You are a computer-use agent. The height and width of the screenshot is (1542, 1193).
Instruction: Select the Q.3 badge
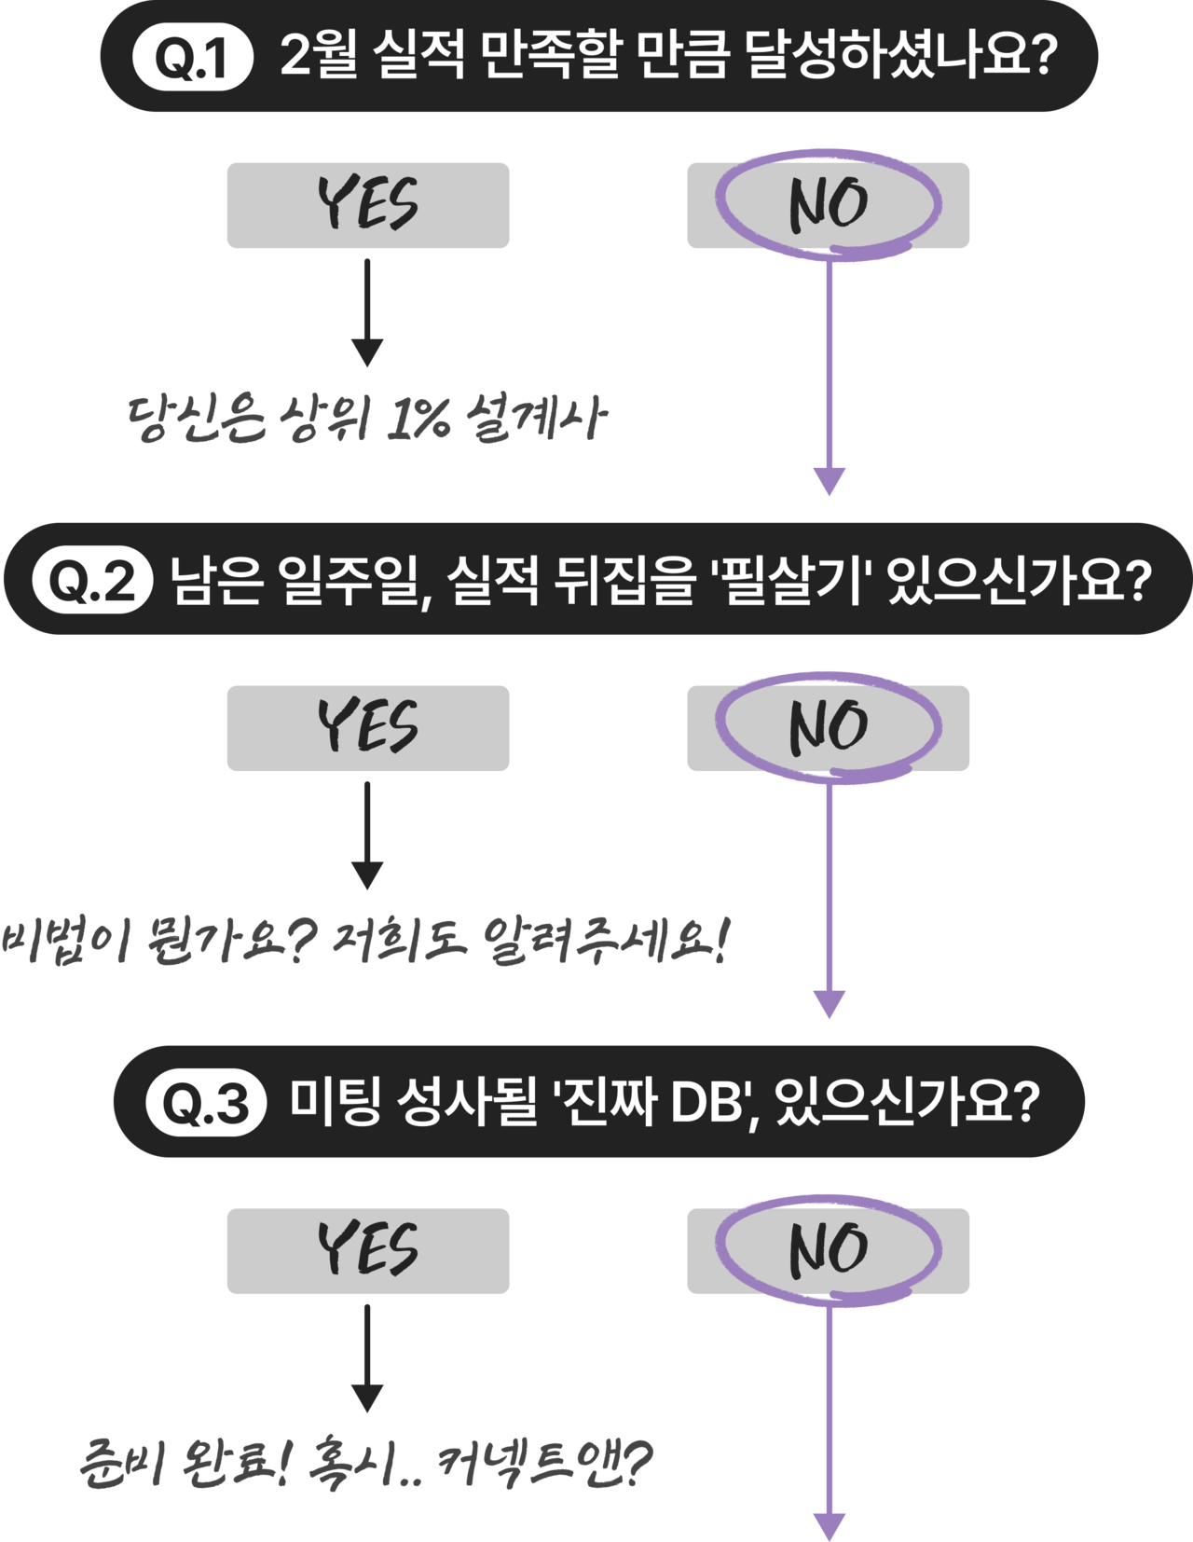click(x=206, y=1104)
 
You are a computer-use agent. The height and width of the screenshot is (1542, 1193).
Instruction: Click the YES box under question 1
click(x=367, y=205)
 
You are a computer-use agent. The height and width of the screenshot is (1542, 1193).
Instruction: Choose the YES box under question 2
click(x=367, y=728)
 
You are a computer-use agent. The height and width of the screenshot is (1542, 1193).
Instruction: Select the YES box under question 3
click(x=367, y=1251)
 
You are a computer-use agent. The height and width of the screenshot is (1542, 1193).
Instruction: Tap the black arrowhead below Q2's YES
click(x=367, y=875)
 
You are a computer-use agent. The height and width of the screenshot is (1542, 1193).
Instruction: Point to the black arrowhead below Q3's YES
click(x=367, y=1398)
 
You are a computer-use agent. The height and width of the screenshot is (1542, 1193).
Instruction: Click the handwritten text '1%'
click(x=417, y=420)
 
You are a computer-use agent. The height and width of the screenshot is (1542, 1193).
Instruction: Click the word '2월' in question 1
click(x=319, y=58)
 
